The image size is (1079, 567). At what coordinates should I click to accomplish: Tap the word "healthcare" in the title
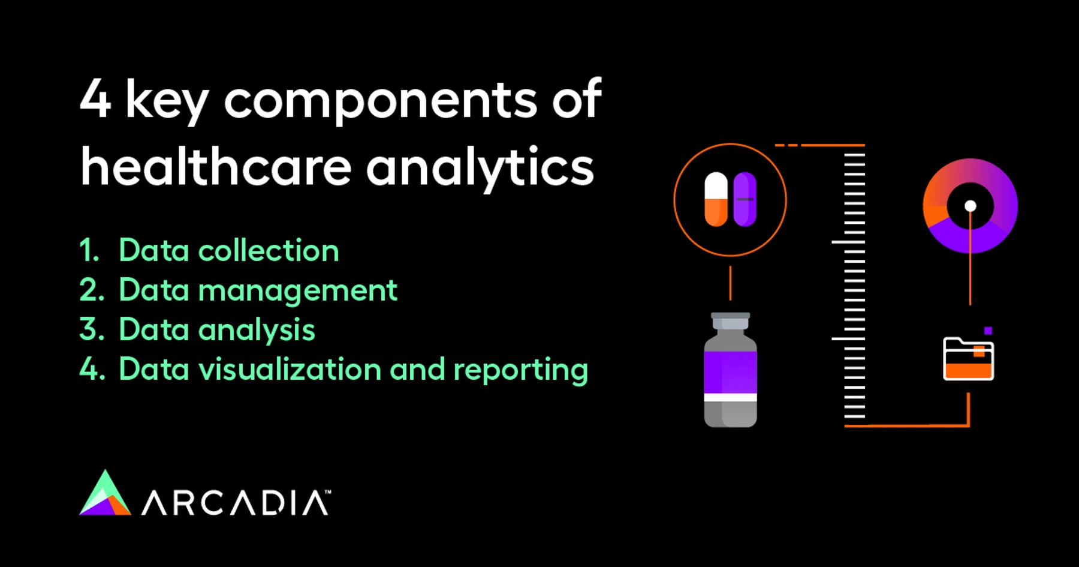[x=216, y=166]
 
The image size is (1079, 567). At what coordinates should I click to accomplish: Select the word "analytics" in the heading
[x=480, y=169]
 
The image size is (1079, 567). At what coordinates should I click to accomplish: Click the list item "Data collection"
[x=229, y=250]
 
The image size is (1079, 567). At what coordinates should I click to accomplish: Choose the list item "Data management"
[x=258, y=291]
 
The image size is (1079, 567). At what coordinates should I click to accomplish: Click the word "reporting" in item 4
[x=520, y=370]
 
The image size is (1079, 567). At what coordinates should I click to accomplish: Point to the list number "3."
[x=92, y=329]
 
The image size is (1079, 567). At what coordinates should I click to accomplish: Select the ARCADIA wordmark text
[x=235, y=503]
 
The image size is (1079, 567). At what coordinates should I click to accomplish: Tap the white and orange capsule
[x=716, y=199]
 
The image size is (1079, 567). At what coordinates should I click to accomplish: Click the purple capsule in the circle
[x=745, y=199]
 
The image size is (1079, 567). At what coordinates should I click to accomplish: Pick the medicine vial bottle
[x=730, y=370]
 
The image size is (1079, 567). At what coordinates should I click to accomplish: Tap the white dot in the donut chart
[x=970, y=206]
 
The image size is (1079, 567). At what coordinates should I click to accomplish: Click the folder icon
[x=968, y=359]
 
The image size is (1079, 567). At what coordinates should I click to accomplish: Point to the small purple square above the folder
[x=988, y=331]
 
